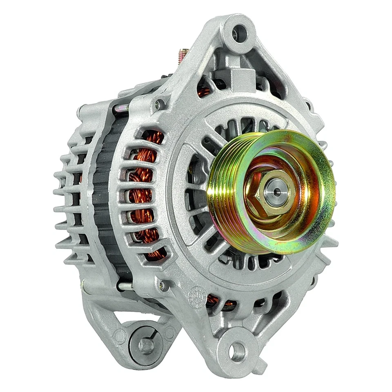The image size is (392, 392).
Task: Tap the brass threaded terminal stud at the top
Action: point(183,55)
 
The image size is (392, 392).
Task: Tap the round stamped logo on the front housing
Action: point(198,294)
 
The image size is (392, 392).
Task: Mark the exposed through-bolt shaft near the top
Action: point(121,108)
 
